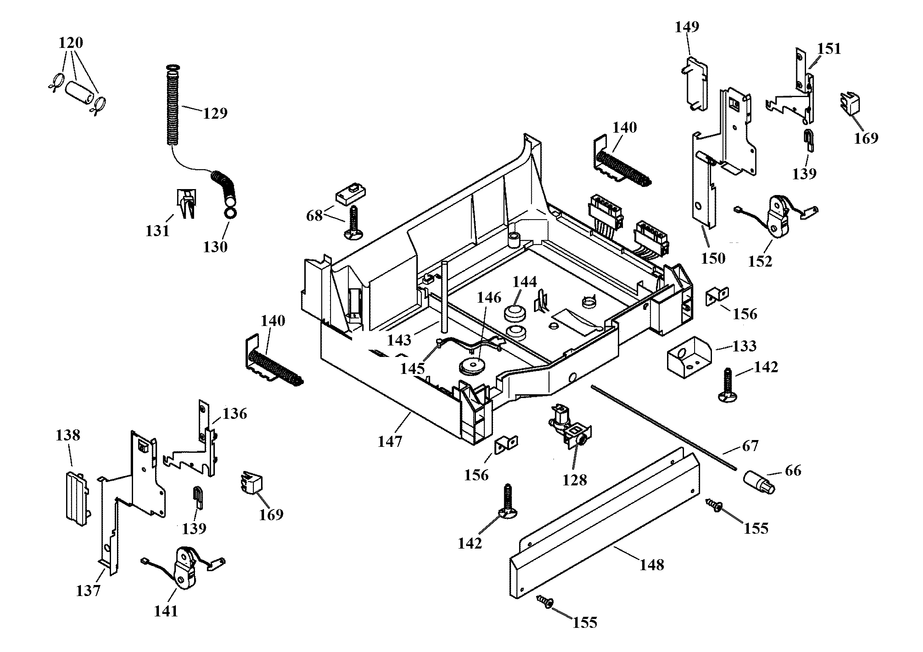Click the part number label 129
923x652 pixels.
pos(215,113)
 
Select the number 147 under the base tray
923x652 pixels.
pos(390,442)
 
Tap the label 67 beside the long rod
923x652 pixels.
pos(750,446)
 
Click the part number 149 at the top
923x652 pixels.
pos(687,27)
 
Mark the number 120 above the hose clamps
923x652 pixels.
pos(71,43)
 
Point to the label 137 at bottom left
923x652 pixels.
pos(88,591)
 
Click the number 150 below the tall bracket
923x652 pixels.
pos(714,258)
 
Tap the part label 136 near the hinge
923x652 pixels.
pos(235,414)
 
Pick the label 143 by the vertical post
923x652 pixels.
pos(400,340)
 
